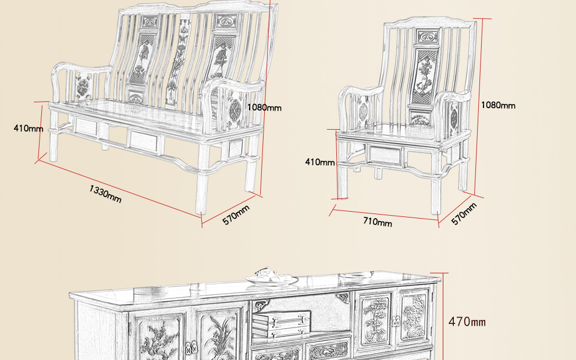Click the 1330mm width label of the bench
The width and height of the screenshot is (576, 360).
pos(105,193)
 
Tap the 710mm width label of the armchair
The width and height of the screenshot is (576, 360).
pos(378,222)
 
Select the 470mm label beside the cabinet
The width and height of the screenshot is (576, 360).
pos(467,322)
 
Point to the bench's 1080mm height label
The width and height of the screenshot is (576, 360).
pos(264,108)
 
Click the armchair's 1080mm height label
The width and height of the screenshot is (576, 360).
pos(498,105)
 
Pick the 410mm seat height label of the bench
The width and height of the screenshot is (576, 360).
pos(29,128)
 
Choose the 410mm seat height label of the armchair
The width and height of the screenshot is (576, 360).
pos(320,162)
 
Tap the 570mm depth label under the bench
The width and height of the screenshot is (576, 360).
pos(236,214)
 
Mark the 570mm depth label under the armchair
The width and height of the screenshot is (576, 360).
pos(464,213)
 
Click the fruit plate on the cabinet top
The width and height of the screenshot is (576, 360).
pos(272,279)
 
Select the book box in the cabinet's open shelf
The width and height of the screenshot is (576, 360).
pos(282,323)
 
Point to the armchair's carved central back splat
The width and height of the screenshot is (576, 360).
pos(424,79)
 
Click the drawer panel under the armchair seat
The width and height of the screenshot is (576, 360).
pos(385,155)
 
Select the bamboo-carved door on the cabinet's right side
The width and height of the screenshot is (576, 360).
pos(375,322)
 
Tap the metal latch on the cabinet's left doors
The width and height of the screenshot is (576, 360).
pos(190,348)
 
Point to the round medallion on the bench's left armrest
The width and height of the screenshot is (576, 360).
pos(83,88)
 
